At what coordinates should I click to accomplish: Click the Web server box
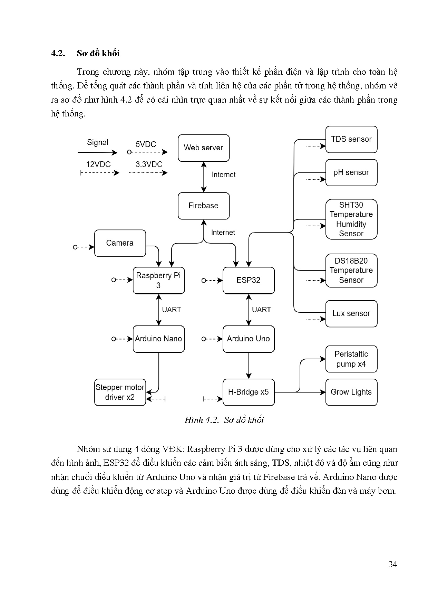click(204, 148)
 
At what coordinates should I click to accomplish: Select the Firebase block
click(204, 206)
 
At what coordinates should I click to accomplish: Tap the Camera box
click(120, 243)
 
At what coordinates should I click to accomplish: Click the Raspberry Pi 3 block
click(158, 280)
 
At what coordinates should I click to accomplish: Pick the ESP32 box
click(249, 280)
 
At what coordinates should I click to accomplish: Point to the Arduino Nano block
click(158, 339)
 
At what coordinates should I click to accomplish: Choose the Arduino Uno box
click(249, 339)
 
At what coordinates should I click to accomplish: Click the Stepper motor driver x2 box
click(120, 392)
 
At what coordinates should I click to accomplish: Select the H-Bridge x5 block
click(249, 392)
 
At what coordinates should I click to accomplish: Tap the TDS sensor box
click(351, 139)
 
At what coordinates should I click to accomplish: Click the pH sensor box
click(351, 172)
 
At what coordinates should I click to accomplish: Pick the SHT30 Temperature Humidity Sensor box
click(351, 219)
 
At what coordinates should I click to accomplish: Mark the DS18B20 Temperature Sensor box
click(351, 271)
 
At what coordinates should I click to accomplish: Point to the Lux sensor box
click(351, 313)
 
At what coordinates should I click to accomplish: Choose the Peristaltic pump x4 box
click(351, 359)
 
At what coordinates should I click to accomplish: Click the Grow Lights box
click(351, 392)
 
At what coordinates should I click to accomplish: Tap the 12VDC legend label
click(98, 164)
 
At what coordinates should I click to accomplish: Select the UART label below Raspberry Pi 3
click(172, 310)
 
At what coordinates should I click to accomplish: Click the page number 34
click(393, 565)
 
